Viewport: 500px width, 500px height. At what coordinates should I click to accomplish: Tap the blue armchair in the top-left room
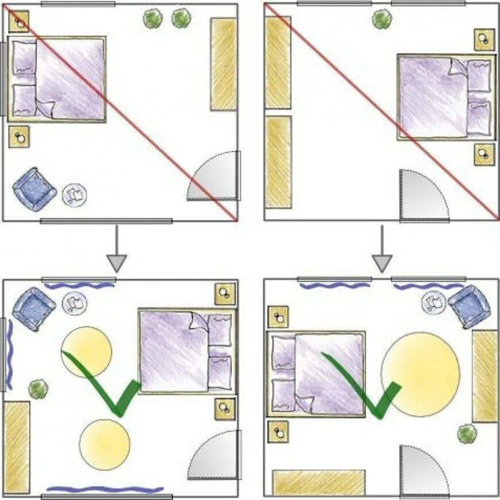click(35, 189)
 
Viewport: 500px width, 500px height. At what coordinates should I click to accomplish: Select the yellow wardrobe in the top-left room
click(223, 64)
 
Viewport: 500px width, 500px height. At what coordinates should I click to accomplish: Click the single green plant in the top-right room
click(382, 19)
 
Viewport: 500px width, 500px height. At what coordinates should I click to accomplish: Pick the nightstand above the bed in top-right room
click(484, 40)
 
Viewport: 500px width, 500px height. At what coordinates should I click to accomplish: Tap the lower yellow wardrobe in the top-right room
click(278, 161)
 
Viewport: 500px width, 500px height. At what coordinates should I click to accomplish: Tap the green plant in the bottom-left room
click(38, 389)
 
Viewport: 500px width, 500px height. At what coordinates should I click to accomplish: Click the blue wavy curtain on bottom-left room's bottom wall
click(104, 490)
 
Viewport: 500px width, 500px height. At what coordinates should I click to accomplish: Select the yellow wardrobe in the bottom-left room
click(17, 447)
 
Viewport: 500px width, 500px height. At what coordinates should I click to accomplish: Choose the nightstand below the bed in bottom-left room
click(225, 409)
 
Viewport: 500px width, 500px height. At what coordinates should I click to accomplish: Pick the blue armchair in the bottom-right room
click(470, 306)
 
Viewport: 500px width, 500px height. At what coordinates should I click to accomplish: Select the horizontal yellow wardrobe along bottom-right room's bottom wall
click(318, 482)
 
